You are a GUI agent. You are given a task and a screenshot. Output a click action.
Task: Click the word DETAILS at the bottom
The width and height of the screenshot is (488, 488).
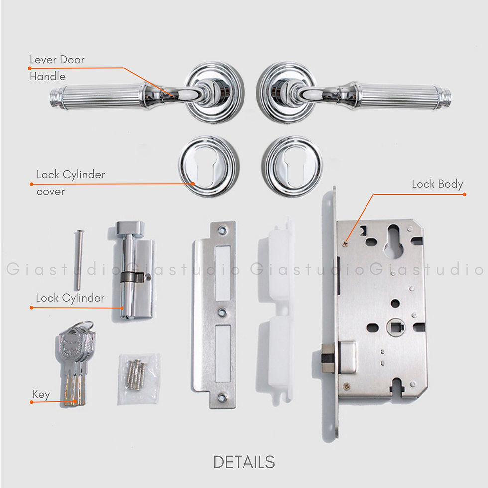tap(244, 462)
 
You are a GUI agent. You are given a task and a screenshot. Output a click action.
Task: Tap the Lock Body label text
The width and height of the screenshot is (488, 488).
tap(437, 184)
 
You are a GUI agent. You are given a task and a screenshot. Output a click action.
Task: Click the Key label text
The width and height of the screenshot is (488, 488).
tap(41, 394)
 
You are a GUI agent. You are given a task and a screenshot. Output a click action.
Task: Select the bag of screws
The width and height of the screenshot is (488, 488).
tap(138, 379)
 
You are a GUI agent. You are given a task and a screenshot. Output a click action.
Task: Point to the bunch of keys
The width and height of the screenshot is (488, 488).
tap(76, 363)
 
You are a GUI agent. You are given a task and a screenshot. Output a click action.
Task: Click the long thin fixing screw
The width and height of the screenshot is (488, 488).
tap(78, 259)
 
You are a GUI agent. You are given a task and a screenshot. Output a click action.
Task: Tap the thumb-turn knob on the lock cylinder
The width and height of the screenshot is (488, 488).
tap(130, 228)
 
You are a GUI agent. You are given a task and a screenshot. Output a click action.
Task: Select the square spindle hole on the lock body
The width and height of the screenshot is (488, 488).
tap(396, 327)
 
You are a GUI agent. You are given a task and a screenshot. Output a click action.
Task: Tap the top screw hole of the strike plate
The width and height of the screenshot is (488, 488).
tap(222, 230)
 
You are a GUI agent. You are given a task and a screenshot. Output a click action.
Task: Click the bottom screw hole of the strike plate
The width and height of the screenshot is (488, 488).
tap(222, 397)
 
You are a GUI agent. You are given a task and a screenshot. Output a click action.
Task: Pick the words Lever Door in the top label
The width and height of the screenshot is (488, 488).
tap(57, 59)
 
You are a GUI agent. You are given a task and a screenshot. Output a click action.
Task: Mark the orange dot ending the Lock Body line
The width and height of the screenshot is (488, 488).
tap(464, 194)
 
